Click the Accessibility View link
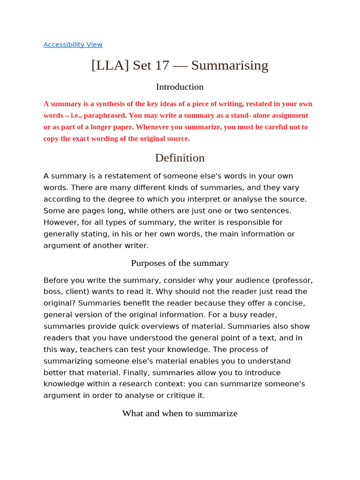coord(73,45)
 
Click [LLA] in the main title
coord(110,65)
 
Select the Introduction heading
coord(180,87)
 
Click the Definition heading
coord(180,158)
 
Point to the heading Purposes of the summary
coord(180,263)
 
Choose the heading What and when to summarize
coord(180,413)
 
